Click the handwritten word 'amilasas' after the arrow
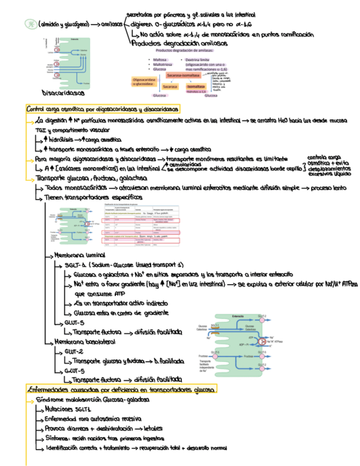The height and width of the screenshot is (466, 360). coord(112,25)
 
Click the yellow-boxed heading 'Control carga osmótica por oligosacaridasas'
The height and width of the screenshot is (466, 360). coord(102,109)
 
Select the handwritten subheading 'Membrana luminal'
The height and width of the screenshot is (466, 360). coord(80,256)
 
